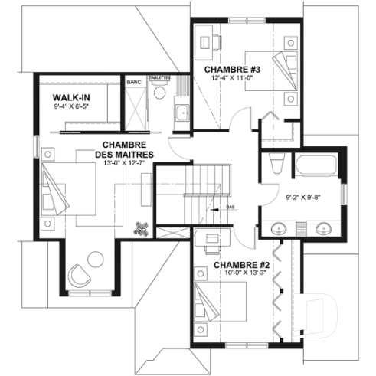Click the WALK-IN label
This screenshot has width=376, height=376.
pos(70,99)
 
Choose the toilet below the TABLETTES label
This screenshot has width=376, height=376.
pos(159,93)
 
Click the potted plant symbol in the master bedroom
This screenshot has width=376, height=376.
pos(141,229)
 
